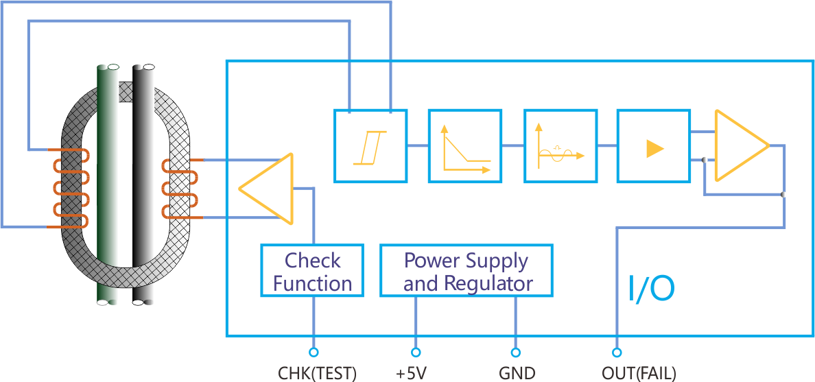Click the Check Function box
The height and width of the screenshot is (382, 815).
[312, 271]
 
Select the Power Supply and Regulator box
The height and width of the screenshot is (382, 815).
[466, 271]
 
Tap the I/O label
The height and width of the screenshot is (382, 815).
[652, 289]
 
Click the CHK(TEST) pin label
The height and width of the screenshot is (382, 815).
[317, 374]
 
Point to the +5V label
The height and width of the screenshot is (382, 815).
[412, 374]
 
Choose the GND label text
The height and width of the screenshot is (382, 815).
[517, 374]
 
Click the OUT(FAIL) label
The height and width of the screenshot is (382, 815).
[639, 374]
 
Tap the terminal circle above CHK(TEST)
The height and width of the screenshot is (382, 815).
[314, 353]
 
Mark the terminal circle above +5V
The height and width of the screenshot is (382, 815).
[416, 353]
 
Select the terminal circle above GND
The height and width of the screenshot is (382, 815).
[517, 353]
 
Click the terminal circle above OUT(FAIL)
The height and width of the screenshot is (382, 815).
[617, 353]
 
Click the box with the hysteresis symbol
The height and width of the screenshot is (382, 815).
[370, 145]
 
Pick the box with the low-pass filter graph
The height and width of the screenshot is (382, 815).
[464, 145]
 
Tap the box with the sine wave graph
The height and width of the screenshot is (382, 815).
[560, 145]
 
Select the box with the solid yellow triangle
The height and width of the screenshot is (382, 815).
[653, 145]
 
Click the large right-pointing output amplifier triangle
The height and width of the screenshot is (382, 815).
[737, 145]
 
